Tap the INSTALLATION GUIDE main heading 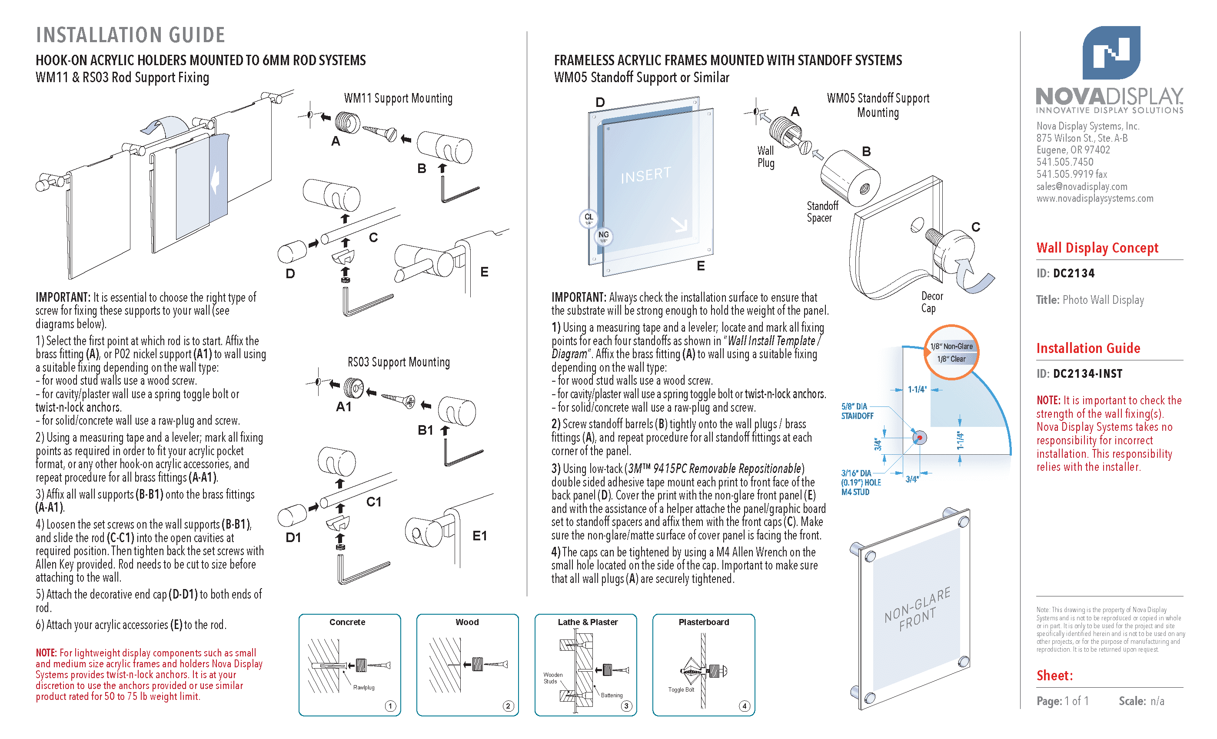(x=130, y=35)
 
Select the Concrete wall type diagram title (x=347, y=622)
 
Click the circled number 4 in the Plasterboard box (x=744, y=706)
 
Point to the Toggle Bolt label (x=681, y=689)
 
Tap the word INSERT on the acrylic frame (x=645, y=174)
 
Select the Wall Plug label (x=765, y=156)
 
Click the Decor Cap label (x=931, y=302)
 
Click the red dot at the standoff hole (x=920, y=438)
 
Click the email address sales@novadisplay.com (x=1082, y=186)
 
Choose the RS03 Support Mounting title (x=399, y=362)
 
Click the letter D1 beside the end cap (x=293, y=537)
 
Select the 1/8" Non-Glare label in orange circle (x=951, y=346)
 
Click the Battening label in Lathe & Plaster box (x=612, y=695)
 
